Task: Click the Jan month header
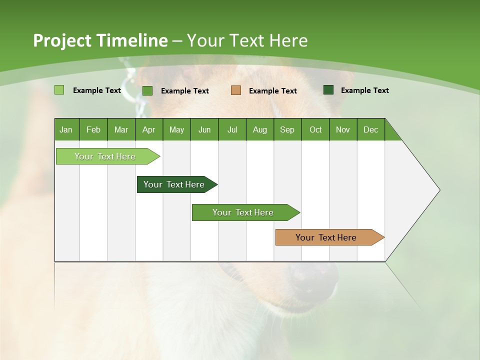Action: [x=66, y=129]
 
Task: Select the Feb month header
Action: [x=93, y=129]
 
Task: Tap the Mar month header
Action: [x=121, y=129]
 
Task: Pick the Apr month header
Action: [x=149, y=129]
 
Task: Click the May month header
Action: [x=176, y=129]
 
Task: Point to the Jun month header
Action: [x=204, y=129]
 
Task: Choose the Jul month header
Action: [x=232, y=129]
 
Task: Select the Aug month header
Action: [x=260, y=129]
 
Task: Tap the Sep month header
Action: [x=287, y=129]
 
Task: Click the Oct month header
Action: [x=315, y=129]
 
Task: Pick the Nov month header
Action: [x=343, y=129]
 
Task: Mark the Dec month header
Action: [x=371, y=129]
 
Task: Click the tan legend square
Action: [x=236, y=90]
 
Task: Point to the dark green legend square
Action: [x=328, y=89]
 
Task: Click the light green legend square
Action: [x=59, y=90]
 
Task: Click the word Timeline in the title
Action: [x=132, y=40]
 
